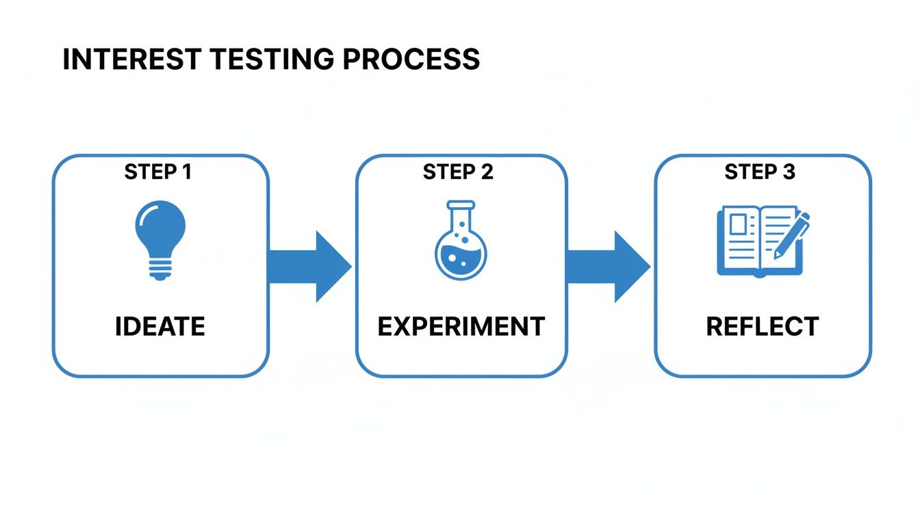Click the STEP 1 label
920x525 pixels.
click(x=158, y=172)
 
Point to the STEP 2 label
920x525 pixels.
click(x=457, y=172)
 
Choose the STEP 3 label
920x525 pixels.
click(x=760, y=172)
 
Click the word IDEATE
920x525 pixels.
click(x=159, y=326)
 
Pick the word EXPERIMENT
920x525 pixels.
click(x=461, y=326)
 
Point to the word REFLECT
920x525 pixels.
click(x=762, y=326)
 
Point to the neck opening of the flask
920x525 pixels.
click(x=460, y=204)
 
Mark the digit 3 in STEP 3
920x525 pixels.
click(x=789, y=172)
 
